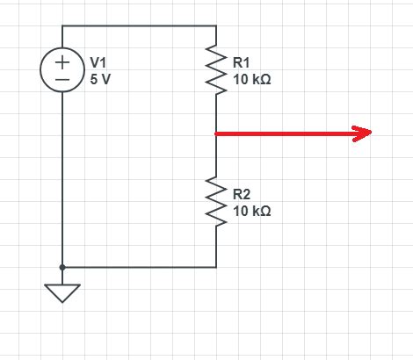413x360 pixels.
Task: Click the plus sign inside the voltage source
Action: coord(62,62)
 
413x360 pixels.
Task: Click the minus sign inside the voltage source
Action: coord(62,78)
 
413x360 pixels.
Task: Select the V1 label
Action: coord(98,63)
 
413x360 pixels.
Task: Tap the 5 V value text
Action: coord(101,79)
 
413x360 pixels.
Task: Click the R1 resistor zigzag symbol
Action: coord(216,70)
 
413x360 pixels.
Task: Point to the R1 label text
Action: coord(242,63)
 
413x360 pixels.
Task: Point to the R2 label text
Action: coord(242,194)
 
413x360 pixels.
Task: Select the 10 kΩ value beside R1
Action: coord(252,79)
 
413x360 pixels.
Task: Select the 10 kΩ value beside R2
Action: coord(252,211)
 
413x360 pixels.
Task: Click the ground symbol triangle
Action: coord(62,292)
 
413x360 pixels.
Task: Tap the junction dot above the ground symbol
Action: coord(62,266)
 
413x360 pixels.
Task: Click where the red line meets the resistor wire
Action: coord(216,133)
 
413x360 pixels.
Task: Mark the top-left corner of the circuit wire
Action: coord(62,25)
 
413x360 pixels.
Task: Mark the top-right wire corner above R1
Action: coord(216,25)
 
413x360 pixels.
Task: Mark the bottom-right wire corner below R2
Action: coord(216,266)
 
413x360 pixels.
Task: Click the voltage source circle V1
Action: coord(62,70)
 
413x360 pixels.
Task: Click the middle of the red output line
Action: coord(290,133)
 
